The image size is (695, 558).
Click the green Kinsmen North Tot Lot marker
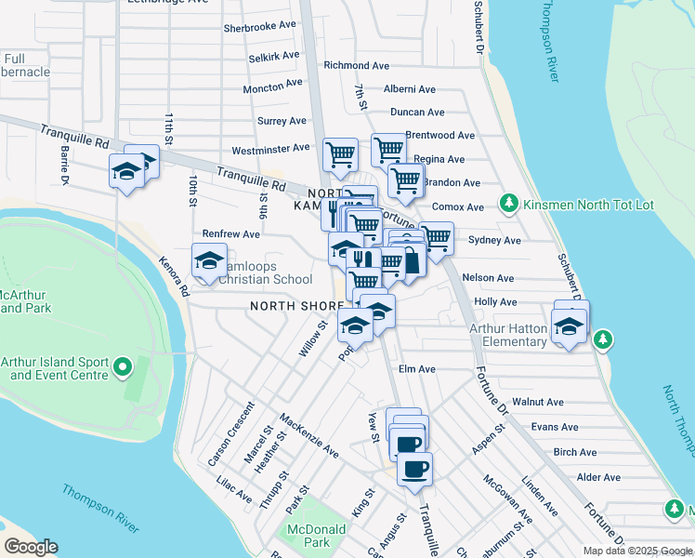click(x=508, y=202)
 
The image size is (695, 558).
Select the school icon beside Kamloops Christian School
click(x=210, y=261)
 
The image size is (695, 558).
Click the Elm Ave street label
click(x=417, y=369)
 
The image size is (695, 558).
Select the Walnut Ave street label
click(x=538, y=402)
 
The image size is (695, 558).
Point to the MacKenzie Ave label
click(x=309, y=435)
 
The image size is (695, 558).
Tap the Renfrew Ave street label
click(x=231, y=234)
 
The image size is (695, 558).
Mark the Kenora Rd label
click(x=174, y=277)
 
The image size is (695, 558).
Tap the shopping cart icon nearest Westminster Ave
click(x=340, y=154)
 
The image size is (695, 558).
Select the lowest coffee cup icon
click(x=414, y=469)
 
